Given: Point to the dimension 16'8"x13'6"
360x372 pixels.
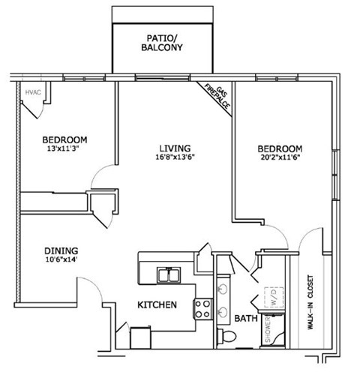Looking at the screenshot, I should pyautogui.click(x=173, y=157).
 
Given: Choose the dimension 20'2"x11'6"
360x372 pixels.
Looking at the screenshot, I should pyautogui.click(x=280, y=158).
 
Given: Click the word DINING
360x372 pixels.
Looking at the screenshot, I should pyautogui.click(x=61, y=250).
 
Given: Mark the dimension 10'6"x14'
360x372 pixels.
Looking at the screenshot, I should pyautogui.click(x=61, y=261).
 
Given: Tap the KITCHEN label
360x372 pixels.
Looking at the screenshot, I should pyautogui.click(x=156, y=305).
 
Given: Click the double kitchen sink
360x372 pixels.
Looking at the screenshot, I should pyautogui.click(x=168, y=276).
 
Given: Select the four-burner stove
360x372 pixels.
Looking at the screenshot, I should pyautogui.click(x=202, y=307).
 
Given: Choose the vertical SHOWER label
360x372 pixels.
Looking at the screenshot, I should pyautogui.click(x=268, y=330).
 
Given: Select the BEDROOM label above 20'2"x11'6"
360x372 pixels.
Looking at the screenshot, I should pyautogui.click(x=280, y=148).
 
